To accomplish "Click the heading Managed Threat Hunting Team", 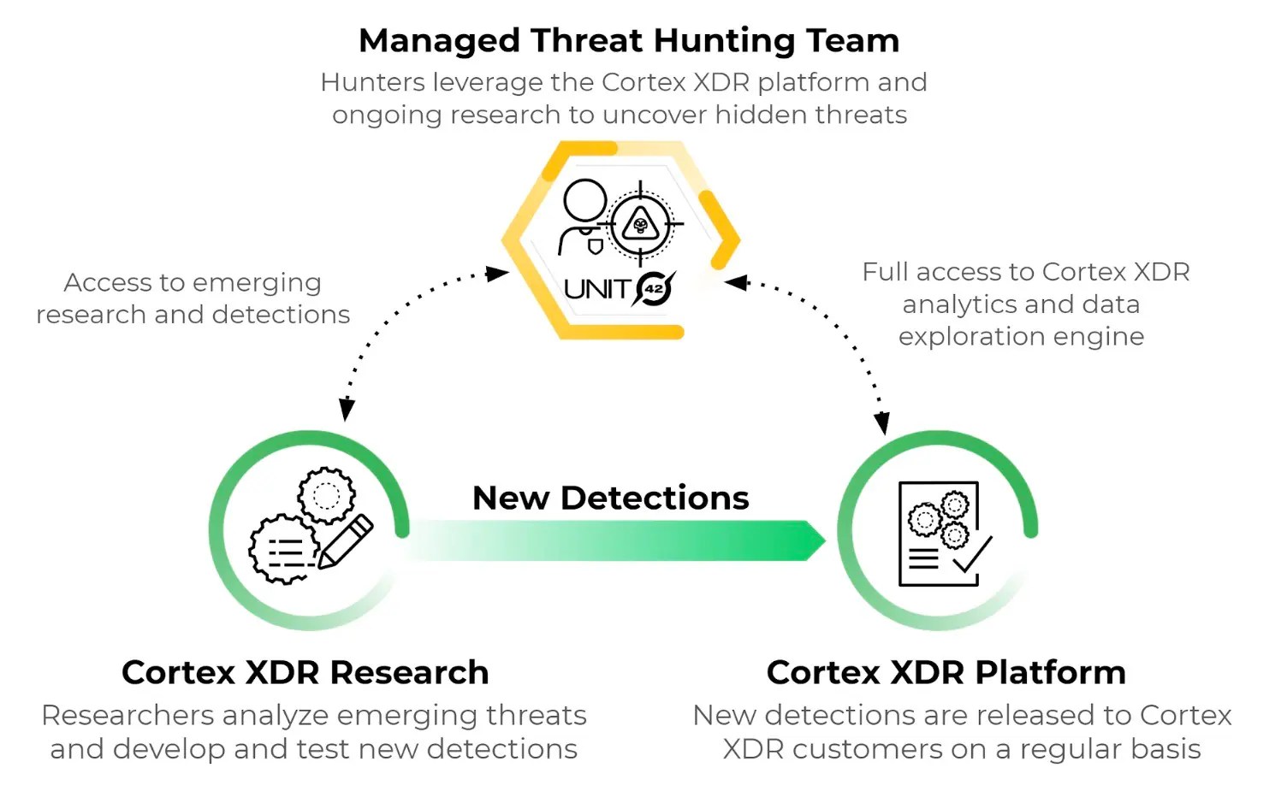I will (x=629, y=40).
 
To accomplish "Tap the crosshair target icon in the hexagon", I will (x=640, y=225).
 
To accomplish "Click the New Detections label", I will (x=610, y=498).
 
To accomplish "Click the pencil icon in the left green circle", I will (x=346, y=540).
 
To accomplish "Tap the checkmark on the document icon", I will (x=972, y=556).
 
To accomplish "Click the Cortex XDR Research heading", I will (x=305, y=672).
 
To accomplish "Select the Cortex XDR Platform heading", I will (x=946, y=672).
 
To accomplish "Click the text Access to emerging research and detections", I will (x=193, y=298).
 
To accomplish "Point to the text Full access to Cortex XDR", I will (x=1025, y=272).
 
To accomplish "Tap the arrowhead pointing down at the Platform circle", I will (x=881, y=422).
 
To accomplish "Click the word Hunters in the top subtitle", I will (x=372, y=82).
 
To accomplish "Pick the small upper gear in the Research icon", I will (x=326, y=494).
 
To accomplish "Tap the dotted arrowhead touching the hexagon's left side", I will (x=497, y=274).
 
